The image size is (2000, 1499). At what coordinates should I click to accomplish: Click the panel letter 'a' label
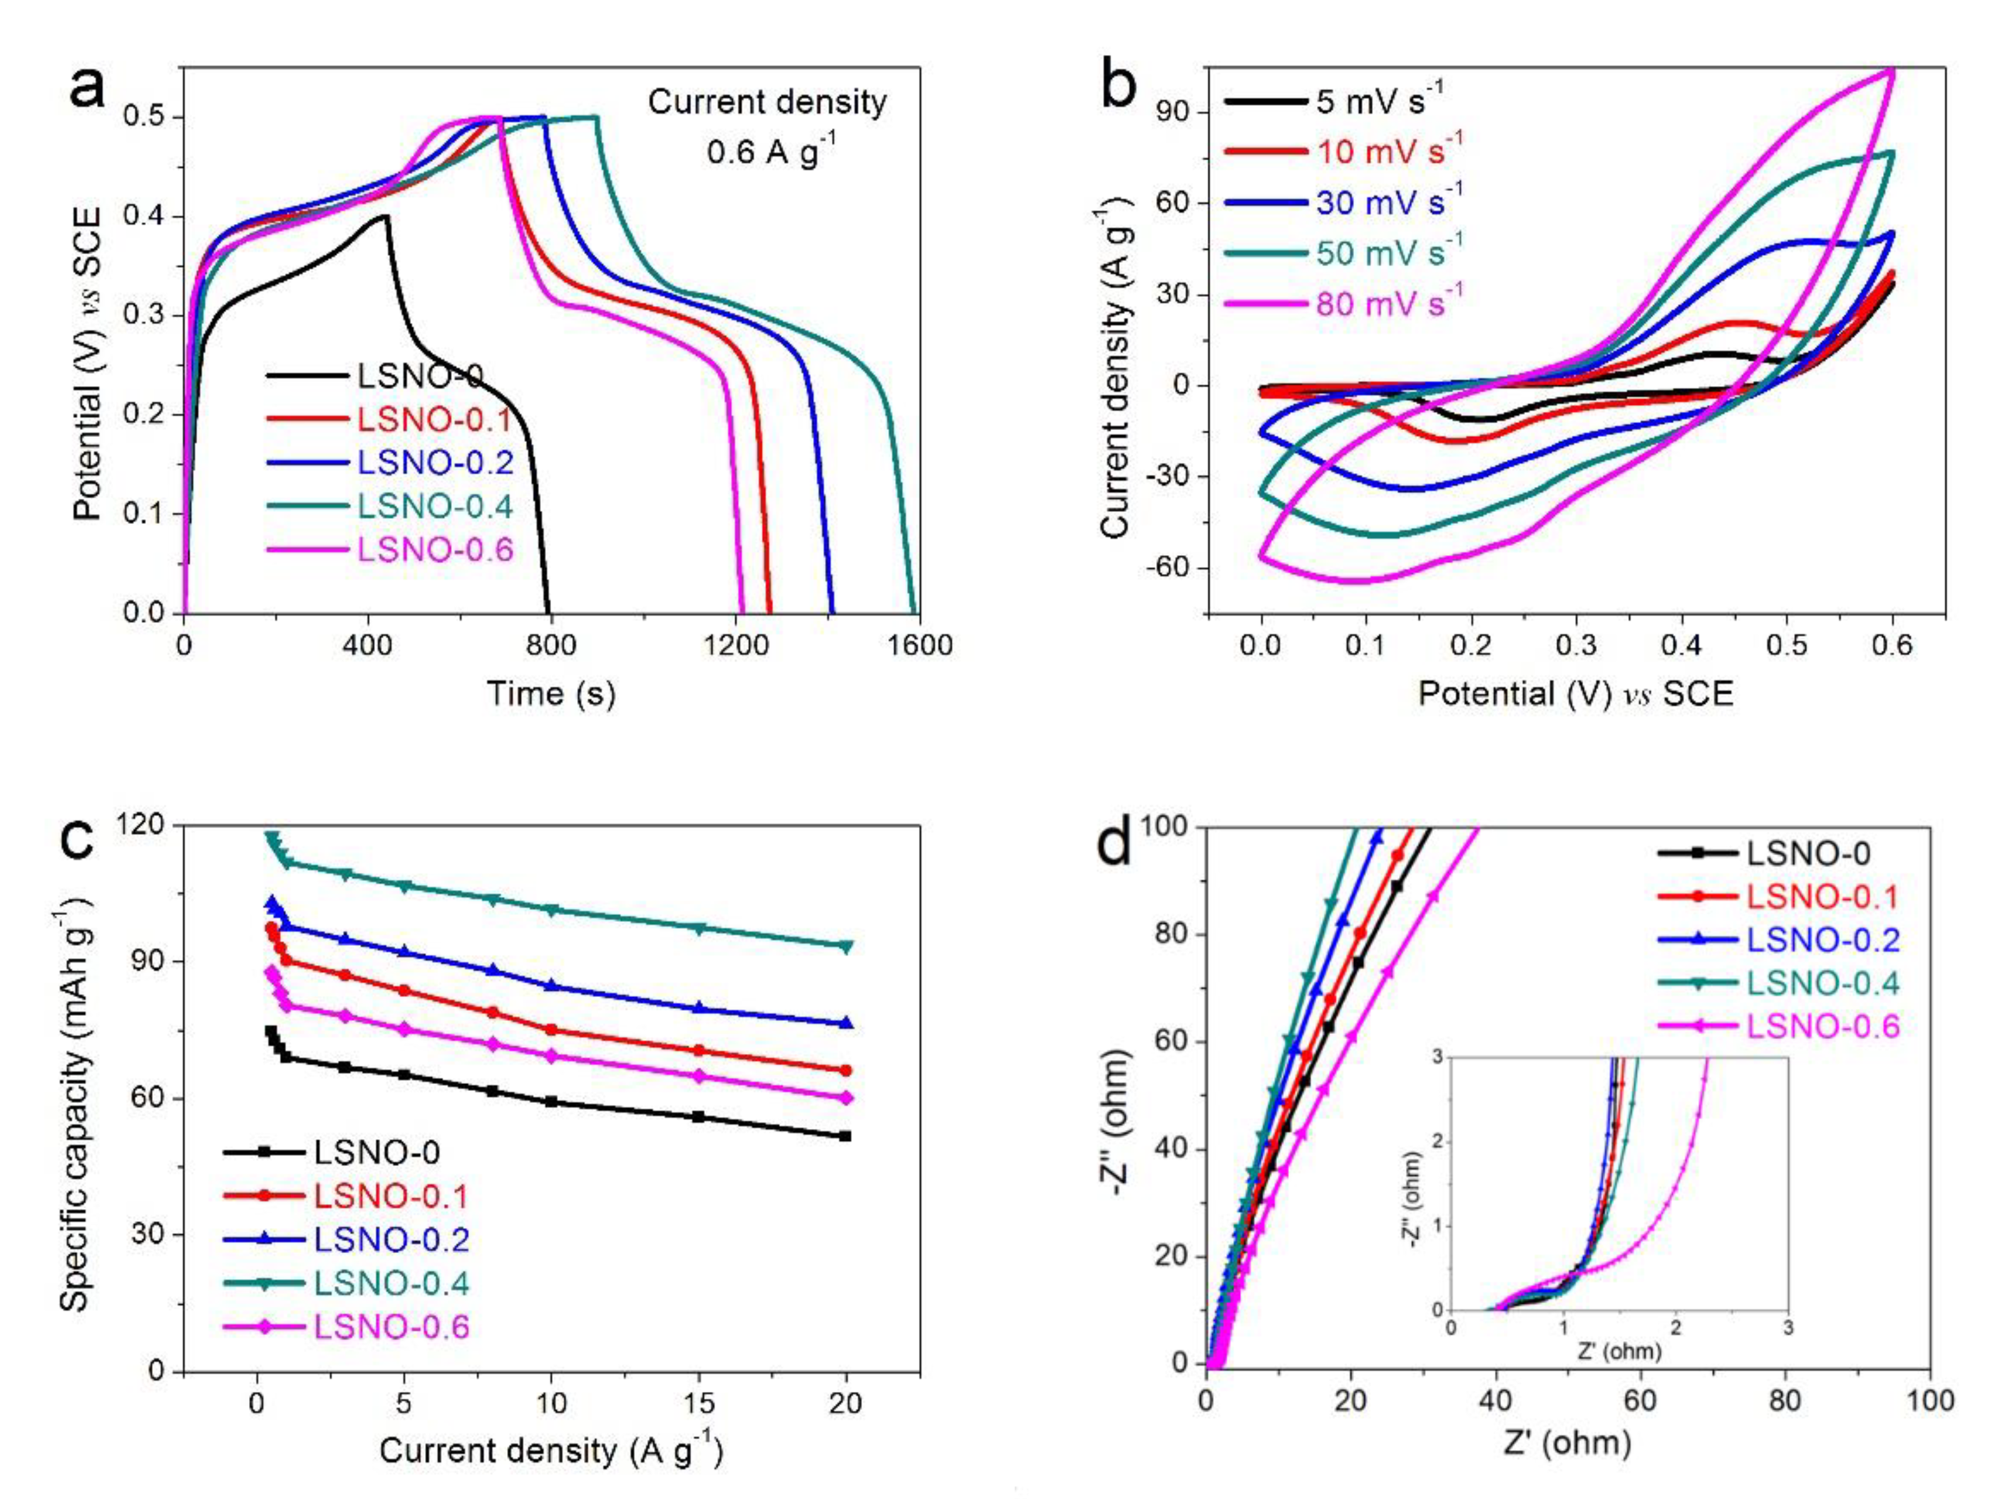[88, 90]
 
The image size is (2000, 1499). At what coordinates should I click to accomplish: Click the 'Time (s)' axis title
[551, 693]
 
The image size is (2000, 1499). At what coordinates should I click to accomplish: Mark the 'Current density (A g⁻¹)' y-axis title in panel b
[1117, 372]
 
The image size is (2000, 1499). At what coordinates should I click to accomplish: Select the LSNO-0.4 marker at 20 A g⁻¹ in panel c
[846, 946]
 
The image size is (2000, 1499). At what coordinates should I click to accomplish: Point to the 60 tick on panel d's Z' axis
[1639, 1401]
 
